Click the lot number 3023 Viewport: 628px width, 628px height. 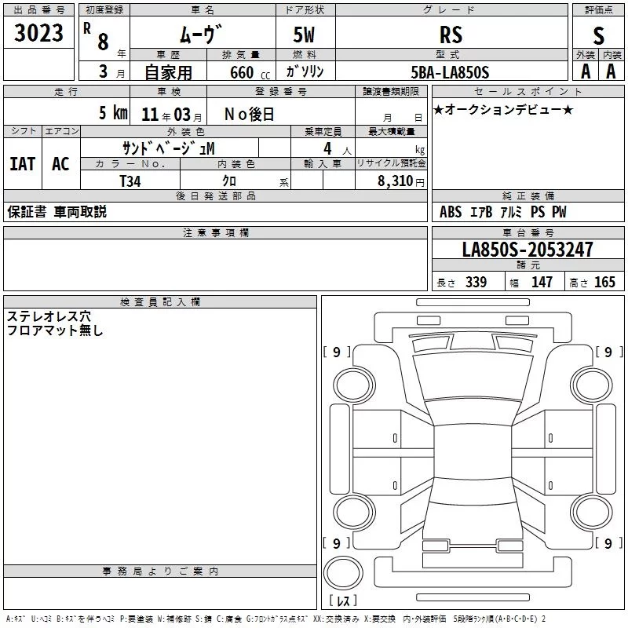(38, 33)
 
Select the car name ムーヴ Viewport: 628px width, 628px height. (200, 34)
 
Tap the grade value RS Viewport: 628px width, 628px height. (451, 35)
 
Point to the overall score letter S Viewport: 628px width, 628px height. (598, 35)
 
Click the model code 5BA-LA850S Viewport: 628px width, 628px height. (450, 72)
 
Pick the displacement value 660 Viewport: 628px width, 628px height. (242, 72)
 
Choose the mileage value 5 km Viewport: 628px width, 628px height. (113, 113)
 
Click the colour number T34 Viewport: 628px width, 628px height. (130, 181)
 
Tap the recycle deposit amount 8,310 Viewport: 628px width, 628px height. (396, 181)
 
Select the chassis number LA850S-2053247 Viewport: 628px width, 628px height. (528, 250)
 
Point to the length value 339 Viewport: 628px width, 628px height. (476, 282)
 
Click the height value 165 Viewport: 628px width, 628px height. (604, 282)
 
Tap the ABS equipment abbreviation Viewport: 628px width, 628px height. (451, 212)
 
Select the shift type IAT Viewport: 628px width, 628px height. (23, 164)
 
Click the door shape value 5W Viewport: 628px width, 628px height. (304, 35)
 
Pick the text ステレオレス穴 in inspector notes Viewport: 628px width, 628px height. (49, 316)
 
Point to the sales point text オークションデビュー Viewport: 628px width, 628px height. (503, 109)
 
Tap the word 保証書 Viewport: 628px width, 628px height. (27, 212)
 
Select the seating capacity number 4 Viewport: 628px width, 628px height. (327, 149)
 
